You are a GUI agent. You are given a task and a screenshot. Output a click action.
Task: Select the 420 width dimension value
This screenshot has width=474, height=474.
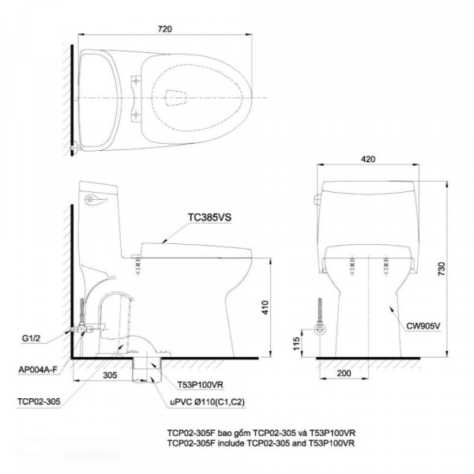367,158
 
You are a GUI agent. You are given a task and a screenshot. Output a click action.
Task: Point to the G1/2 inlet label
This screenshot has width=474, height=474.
32,340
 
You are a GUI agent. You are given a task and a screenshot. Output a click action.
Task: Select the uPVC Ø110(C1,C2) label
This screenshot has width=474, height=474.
209,402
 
